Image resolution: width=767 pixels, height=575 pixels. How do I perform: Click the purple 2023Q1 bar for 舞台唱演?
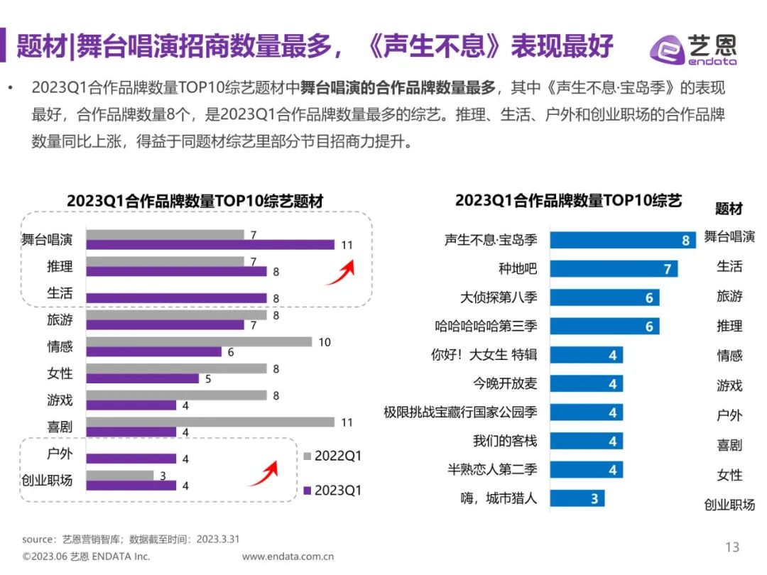(213, 245)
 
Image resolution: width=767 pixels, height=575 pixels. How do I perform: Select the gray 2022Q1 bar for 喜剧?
(213, 422)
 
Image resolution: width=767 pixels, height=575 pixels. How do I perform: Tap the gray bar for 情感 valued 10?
(202, 341)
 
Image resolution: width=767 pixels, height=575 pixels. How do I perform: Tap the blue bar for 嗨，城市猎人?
(577, 498)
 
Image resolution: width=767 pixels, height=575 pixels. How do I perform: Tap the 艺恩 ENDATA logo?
(693, 48)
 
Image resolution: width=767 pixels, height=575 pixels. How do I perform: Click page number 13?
(731, 547)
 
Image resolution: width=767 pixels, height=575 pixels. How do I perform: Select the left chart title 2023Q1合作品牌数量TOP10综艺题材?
(195, 202)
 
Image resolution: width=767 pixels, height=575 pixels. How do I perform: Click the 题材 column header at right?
(729, 209)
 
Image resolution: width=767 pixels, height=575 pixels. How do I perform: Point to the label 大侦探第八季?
(499, 297)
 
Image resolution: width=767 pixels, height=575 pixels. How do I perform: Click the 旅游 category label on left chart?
(60, 319)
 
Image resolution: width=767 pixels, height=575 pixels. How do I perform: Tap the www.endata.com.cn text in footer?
(288, 557)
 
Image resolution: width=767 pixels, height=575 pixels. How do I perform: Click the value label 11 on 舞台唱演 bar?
(347, 246)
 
